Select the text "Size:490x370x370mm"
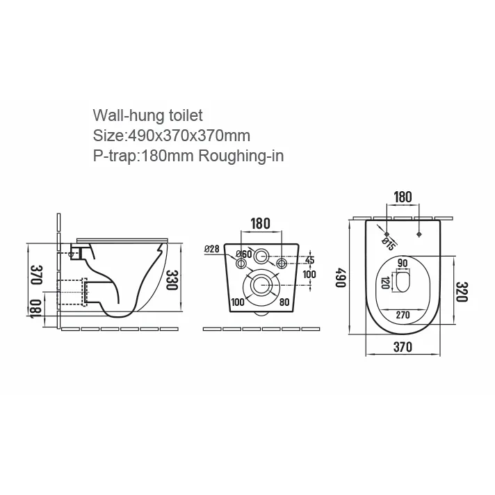172,136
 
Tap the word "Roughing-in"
241,156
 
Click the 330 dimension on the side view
172,279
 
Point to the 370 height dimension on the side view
37,275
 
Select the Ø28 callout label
211,249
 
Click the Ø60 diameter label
244,254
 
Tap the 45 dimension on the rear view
310,260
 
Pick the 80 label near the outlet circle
284,302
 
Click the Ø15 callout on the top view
388,244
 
